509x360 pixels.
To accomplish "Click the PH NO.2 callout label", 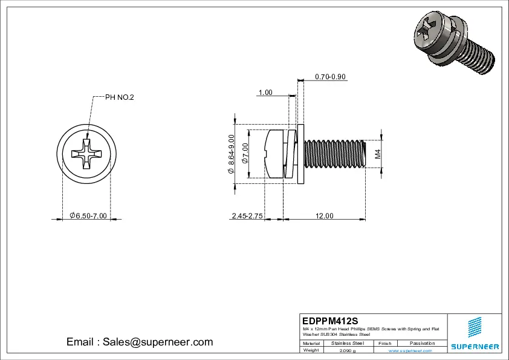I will pyautogui.click(x=120, y=97).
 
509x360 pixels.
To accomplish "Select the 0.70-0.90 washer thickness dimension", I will pyautogui.click(x=330, y=77).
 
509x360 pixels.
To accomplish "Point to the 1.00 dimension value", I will pyautogui.click(x=265, y=93).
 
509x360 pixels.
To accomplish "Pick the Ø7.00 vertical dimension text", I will pyautogui.click(x=245, y=154).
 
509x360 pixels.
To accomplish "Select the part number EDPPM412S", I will pyautogui.click(x=331, y=320).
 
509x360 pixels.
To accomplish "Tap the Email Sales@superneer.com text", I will pyautogui.click(x=140, y=342).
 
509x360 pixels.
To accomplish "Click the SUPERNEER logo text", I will pyautogui.click(x=475, y=347).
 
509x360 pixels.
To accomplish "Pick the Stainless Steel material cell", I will pyautogui.click(x=348, y=343).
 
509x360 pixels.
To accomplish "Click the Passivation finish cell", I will pyautogui.click(x=422, y=343).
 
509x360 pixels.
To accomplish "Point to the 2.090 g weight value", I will pyautogui.click(x=348, y=350).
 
